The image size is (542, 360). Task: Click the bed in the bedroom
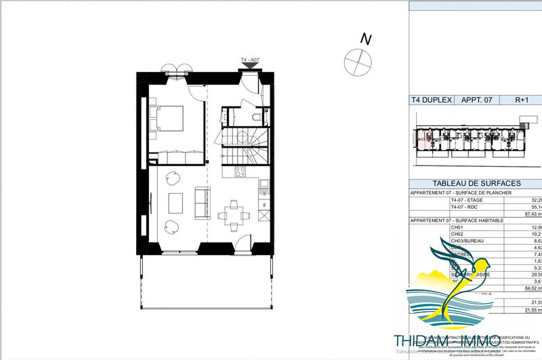click(170, 118)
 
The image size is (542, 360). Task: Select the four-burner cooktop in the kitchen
click(238, 172)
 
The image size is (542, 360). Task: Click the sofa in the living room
click(201, 203)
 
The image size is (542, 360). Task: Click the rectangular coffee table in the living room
click(175, 203)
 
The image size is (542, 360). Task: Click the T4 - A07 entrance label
click(250, 61)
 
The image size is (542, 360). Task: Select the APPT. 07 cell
click(476, 100)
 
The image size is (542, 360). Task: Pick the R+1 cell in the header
click(522, 100)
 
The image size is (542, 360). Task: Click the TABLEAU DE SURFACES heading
click(476, 183)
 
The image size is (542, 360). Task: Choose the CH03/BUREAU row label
click(469, 241)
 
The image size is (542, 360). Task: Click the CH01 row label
click(459, 227)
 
